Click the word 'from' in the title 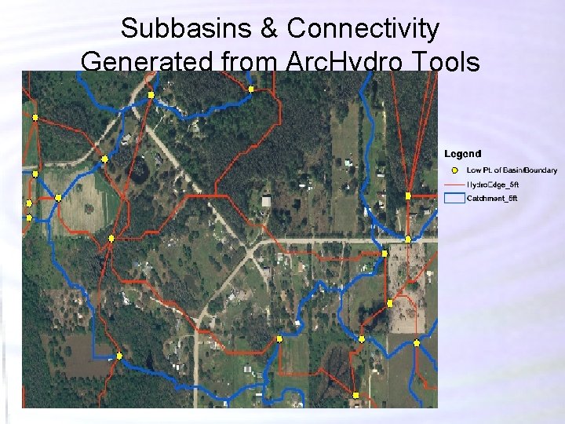[x=245, y=61]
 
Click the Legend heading [x=463, y=154]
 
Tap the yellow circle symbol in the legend [x=454, y=170]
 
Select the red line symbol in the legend [x=454, y=185]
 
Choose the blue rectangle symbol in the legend [x=454, y=199]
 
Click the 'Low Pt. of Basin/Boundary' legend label [x=512, y=170]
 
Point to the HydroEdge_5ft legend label [x=493, y=185]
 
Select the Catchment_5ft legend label [x=493, y=199]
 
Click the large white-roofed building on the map [x=267, y=201]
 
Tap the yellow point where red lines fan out [x=408, y=195]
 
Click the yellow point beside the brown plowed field [x=119, y=356]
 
